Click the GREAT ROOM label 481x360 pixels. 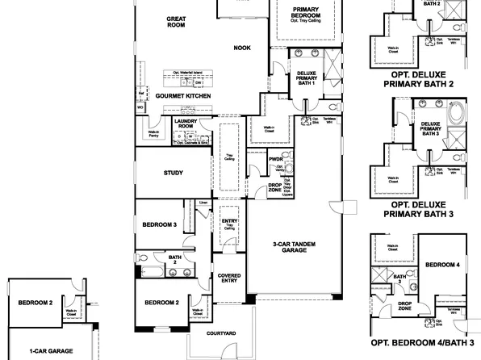[176, 21]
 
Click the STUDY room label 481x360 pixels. [173, 173]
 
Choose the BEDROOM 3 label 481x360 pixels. [159, 224]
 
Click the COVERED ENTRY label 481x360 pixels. [230, 278]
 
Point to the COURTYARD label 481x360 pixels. [220, 332]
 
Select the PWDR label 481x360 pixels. [276, 160]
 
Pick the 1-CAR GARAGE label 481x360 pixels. [51, 351]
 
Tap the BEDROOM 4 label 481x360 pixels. [442, 265]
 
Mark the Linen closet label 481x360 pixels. [203, 203]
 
